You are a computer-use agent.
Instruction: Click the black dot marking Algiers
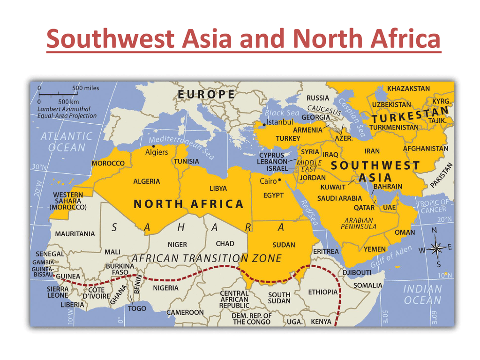click(x=154, y=146)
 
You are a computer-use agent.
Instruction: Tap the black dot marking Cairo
click(x=279, y=180)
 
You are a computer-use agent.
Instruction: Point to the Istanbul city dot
click(x=264, y=124)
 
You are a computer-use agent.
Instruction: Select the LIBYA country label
click(x=218, y=188)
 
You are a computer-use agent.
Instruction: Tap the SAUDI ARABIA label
click(x=339, y=198)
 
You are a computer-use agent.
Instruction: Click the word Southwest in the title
click(x=139, y=39)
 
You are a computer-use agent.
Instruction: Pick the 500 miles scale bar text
click(x=86, y=88)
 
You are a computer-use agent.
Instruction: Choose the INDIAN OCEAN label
click(x=423, y=294)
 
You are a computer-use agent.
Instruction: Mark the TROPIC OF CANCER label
click(x=432, y=206)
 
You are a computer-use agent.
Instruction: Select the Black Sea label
click(x=282, y=113)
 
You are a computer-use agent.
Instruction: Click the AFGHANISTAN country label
click(x=426, y=149)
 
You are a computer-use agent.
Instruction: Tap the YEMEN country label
click(x=375, y=249)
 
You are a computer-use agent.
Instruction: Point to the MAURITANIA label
click(x=75, y=233)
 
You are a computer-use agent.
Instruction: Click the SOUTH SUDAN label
click(x=279, y=298)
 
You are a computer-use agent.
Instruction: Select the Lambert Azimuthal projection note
click(x=67, y=112)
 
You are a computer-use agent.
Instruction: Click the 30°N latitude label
click(x=40, y=167)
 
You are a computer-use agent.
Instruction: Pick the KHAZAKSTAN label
click(x=408, y=88)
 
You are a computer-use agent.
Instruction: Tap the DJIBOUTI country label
click(x=357, y=272)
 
